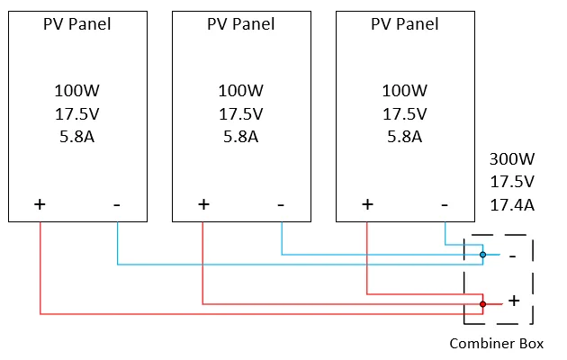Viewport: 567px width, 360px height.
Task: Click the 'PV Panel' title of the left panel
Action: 77,24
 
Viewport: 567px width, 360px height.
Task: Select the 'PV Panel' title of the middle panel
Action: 241,24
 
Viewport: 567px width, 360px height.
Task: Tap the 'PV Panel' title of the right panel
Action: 405,24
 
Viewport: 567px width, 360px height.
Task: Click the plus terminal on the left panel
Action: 40,204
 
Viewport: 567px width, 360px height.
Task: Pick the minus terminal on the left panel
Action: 117,204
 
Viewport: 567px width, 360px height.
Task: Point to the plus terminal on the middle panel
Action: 203,204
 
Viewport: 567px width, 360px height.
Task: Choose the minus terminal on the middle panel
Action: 281,204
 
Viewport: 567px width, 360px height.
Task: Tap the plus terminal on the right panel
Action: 367,204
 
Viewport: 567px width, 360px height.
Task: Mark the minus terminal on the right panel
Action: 445,204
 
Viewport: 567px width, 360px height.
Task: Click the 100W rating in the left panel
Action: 77,91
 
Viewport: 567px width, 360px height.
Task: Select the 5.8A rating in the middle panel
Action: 241,138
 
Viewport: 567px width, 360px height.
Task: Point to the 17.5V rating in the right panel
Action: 405,114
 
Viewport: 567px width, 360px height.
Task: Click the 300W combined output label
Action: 512,159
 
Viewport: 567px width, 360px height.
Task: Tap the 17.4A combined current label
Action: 512,206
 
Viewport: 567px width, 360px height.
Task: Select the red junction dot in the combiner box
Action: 482,304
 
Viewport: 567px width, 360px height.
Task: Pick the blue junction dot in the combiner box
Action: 482,255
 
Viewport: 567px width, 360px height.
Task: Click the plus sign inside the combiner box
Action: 514,301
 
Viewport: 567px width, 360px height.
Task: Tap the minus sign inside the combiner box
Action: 512,256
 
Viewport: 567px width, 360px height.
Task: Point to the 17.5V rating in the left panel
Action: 77,114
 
